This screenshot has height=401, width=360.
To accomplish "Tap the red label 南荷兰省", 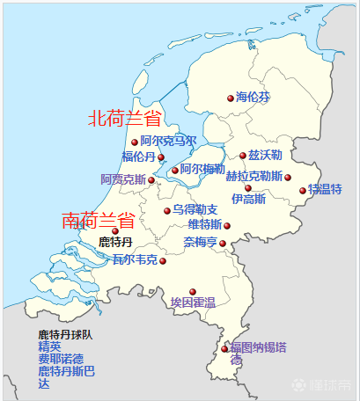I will tap(98, 221).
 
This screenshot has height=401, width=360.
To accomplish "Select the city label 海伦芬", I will tap(253, 98).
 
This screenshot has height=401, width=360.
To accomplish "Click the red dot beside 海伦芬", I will tap(231, 98).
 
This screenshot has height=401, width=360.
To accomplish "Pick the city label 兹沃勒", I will tap(266, 155).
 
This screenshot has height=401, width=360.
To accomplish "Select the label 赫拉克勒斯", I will tap(254, 176).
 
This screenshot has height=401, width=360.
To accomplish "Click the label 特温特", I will tap(325, 189).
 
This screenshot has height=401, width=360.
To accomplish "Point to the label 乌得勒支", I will tap(195, 210).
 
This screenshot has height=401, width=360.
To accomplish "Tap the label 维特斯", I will tap(205, 225).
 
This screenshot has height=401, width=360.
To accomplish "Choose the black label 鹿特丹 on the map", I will tap(116, 242).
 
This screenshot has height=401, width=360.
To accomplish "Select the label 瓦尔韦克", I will tap(135, 260).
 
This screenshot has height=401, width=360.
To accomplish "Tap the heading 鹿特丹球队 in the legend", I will tap(66, 335).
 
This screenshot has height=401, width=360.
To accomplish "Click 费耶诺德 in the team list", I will tap(61, 360).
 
